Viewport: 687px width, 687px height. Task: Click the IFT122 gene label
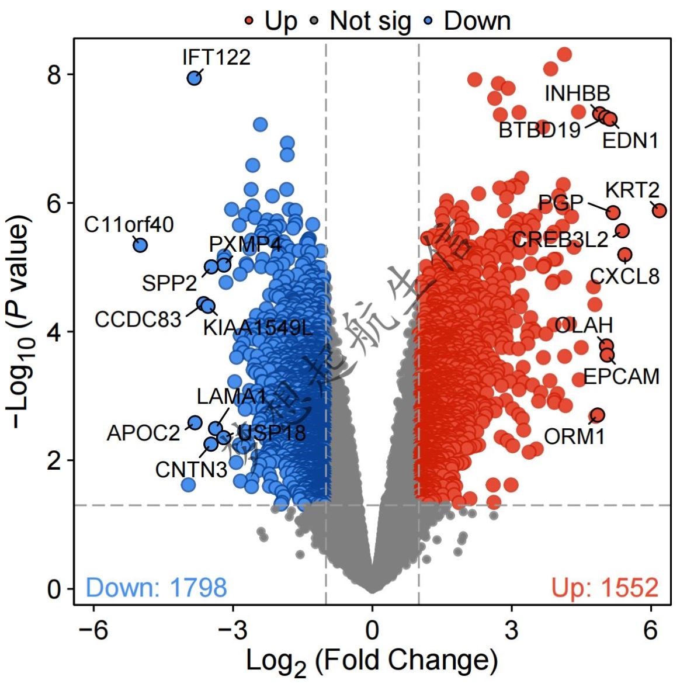point(216,57)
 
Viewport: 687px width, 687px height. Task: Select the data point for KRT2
point(659,210)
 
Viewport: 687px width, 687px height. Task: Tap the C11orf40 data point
point(140,245)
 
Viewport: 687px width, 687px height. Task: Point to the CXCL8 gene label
point(624,275)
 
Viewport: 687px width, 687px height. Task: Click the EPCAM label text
point(621,376)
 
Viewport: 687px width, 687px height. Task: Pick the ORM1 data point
point(596,415)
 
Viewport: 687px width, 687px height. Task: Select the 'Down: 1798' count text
point(156,587)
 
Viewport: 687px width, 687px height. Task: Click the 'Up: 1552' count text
point(605,587)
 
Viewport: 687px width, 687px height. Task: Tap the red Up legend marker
point(249,22)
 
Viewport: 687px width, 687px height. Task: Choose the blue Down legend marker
point(428,22)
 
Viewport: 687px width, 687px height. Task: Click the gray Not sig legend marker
point(315,22)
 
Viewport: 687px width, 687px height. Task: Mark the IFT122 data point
point(194,78)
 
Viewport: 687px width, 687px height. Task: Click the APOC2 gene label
point(143,433)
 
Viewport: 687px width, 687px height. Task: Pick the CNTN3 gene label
point(190,469)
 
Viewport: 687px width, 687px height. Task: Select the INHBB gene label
point(577,93)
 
